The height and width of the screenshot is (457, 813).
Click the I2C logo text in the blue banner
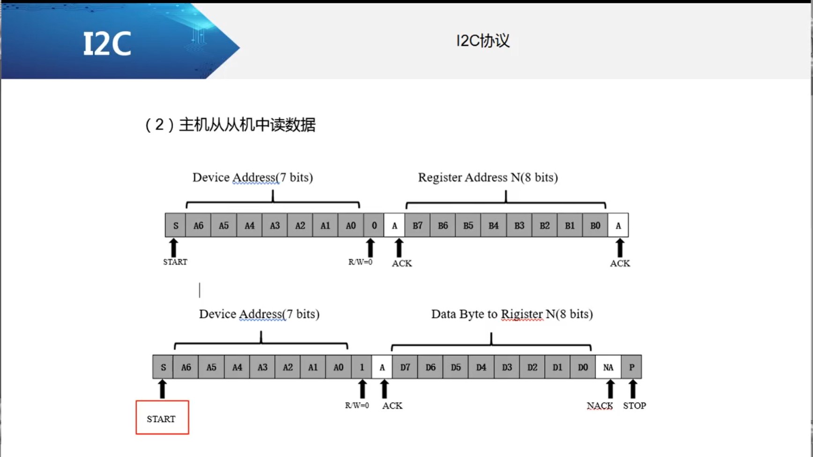(x=107, y=44)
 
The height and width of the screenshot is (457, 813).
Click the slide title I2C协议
(x=483, y=41)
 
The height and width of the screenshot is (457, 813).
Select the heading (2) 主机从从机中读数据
(x=230, y=125)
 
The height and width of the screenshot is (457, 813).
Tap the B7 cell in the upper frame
(x=417, y=226)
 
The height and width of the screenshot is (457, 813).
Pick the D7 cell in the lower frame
(x=405, y=368)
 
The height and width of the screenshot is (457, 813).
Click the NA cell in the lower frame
(x=608, y=368)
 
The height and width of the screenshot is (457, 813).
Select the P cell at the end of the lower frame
(x=631, y=368)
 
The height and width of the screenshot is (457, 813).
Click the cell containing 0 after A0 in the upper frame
(x=374, y=226)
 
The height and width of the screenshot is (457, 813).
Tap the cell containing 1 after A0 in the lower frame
(x=362, y=368)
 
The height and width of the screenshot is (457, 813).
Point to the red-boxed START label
(x=162, y=418)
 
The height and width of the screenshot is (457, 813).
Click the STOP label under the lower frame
(x=634, y=406)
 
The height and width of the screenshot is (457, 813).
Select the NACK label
(x=599, y=406)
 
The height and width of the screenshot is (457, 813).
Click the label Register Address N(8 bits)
(x=488, y=177)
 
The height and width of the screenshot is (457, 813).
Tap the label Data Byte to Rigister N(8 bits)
(x=512, y=314)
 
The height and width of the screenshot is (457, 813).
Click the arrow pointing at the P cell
(x=633, y=389)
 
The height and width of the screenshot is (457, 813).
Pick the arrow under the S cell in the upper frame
(x=174, y=247)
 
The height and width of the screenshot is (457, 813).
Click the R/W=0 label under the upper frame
(x=360, y=262)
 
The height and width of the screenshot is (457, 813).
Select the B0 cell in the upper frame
(x=595, y=226)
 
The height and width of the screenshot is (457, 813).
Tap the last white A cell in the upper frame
(x=618, y=226)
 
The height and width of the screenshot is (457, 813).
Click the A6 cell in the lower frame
(x=186, y=368)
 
